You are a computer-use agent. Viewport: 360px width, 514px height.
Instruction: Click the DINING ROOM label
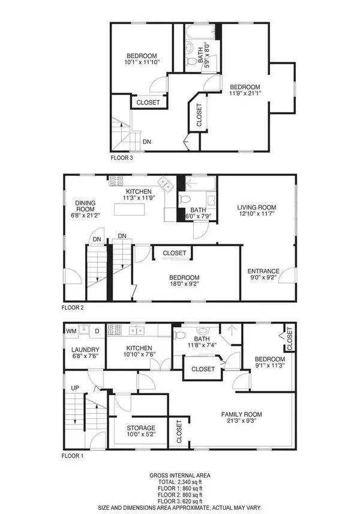86,207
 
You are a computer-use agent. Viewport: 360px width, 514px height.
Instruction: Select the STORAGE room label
141,428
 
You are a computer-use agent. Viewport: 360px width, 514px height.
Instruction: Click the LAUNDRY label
85,349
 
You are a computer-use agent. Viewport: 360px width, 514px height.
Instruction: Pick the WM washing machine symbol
71,331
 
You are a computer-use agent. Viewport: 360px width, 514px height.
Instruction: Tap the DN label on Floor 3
146,142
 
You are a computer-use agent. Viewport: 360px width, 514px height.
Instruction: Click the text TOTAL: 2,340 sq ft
180,482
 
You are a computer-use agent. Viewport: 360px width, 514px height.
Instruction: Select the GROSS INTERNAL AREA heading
180,475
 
